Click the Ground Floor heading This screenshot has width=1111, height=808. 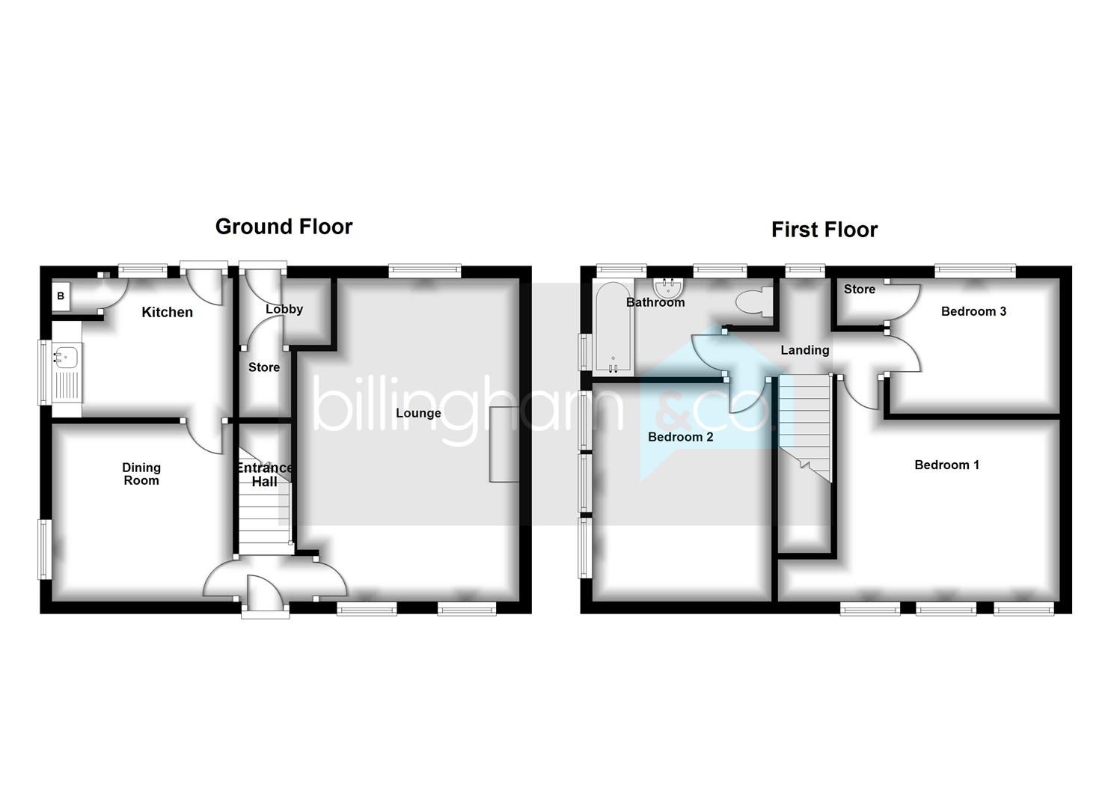[284, 227]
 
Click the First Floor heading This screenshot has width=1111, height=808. [824, 230]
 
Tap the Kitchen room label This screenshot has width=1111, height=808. [167, 312]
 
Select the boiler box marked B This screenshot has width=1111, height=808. [61, 296]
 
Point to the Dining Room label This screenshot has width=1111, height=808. [141, 474]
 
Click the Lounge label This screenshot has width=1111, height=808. [418, 413]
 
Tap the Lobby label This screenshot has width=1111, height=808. [284, 309]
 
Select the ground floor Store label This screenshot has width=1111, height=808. [264, 367]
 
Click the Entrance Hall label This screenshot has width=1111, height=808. [264, 474]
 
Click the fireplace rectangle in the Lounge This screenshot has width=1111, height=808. [504, 444]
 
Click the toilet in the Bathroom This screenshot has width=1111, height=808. [753, 301]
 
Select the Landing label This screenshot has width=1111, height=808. [804, 350]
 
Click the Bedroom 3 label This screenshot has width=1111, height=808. [973, 311]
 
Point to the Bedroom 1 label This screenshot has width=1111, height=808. [946, 465]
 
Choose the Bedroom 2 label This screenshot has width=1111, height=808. [680, 437]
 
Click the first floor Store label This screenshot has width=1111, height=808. [859, 290]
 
